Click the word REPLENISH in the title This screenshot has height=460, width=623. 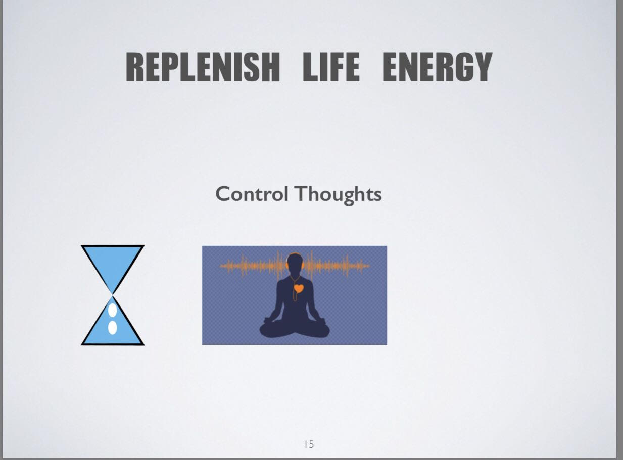(x=203, y=67)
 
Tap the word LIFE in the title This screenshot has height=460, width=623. (x=331, y=67)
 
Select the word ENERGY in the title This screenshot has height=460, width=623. (x=438, y=67)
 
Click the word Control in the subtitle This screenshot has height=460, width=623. (x=252, y=194)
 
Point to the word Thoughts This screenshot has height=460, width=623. (x=339, y=194)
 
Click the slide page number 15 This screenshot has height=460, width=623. (x=309, y=444)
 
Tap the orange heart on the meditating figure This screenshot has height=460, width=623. (x=299, y=288)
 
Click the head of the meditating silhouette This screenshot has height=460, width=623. (x=295, y=264)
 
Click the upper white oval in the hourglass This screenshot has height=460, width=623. (x=112, y=311)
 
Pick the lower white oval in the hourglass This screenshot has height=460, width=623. (x=112, y=327)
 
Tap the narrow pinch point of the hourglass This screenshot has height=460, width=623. (x=113, y=295)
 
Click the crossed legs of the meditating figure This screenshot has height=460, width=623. (x=295, y=330)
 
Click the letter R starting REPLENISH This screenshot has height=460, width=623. (x=135, y=67)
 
